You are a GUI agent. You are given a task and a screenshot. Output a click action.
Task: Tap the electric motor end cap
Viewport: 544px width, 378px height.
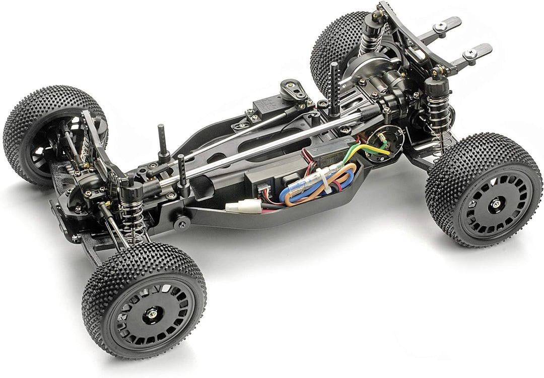(385, 143)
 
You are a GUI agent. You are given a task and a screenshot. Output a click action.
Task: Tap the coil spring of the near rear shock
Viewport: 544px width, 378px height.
(439, 121)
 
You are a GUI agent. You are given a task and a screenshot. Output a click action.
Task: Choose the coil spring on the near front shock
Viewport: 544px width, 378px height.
(132, 217)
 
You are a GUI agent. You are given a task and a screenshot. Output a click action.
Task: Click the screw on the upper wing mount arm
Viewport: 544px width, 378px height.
(442, 27)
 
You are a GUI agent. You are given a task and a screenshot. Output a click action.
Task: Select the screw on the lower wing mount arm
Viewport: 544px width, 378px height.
(471, 52)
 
